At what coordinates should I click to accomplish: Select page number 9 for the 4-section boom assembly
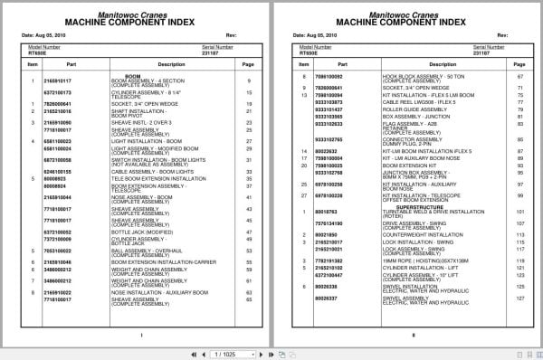248,81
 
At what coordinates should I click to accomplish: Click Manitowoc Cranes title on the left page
137,11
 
